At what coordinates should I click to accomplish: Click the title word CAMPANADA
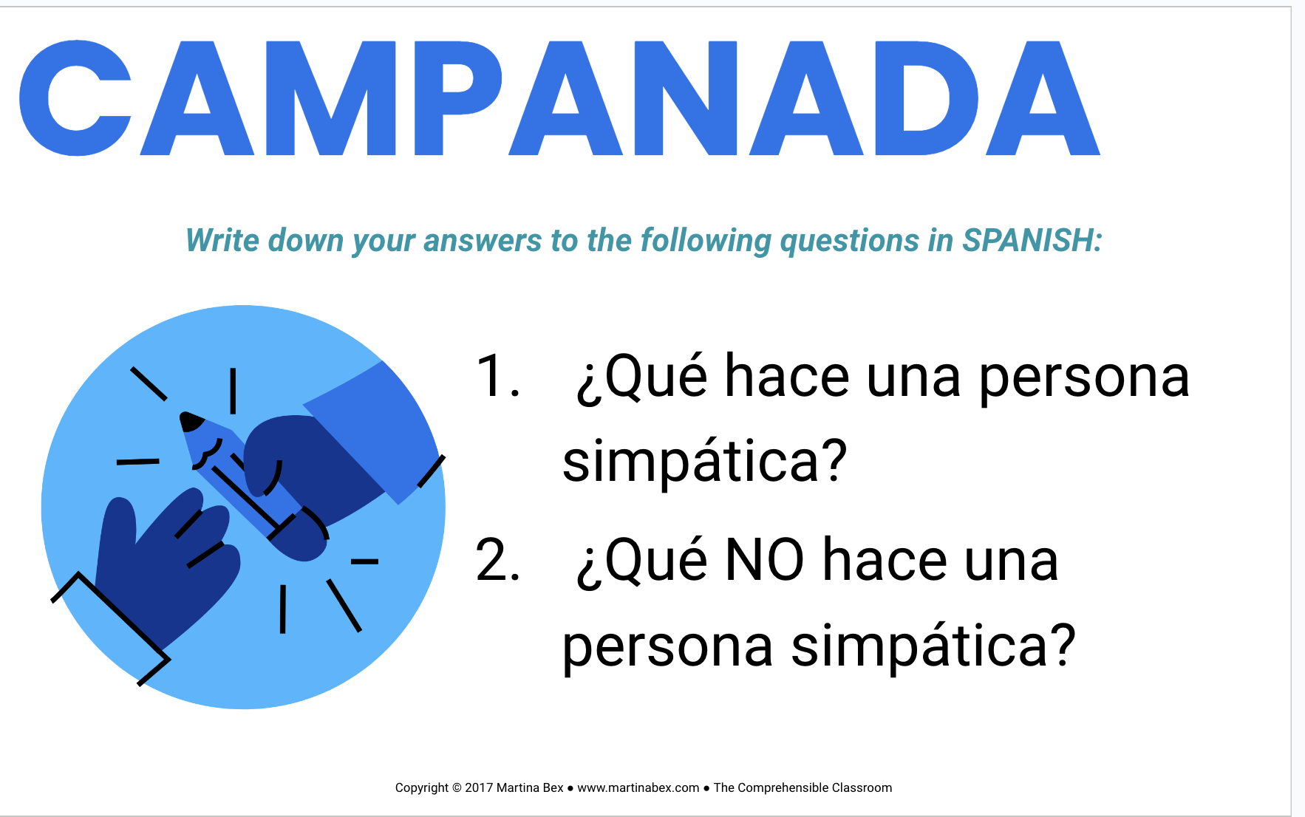(x=559, y=98)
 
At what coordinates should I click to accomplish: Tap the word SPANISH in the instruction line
(x=1032, y=240)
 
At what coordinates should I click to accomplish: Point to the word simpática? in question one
(x=704, y=462)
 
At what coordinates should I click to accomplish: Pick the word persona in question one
(x=1084, y=378)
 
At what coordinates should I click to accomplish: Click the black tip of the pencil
(x=191, y=421)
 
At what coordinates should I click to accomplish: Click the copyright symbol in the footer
(x=457, y=787)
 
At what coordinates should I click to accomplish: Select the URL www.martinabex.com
(x=638, y=787)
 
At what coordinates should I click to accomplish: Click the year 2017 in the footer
(x=479, y=787)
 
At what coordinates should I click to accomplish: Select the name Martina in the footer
(x=519, y=787)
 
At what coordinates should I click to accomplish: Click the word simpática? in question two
(x=933, y=646)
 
